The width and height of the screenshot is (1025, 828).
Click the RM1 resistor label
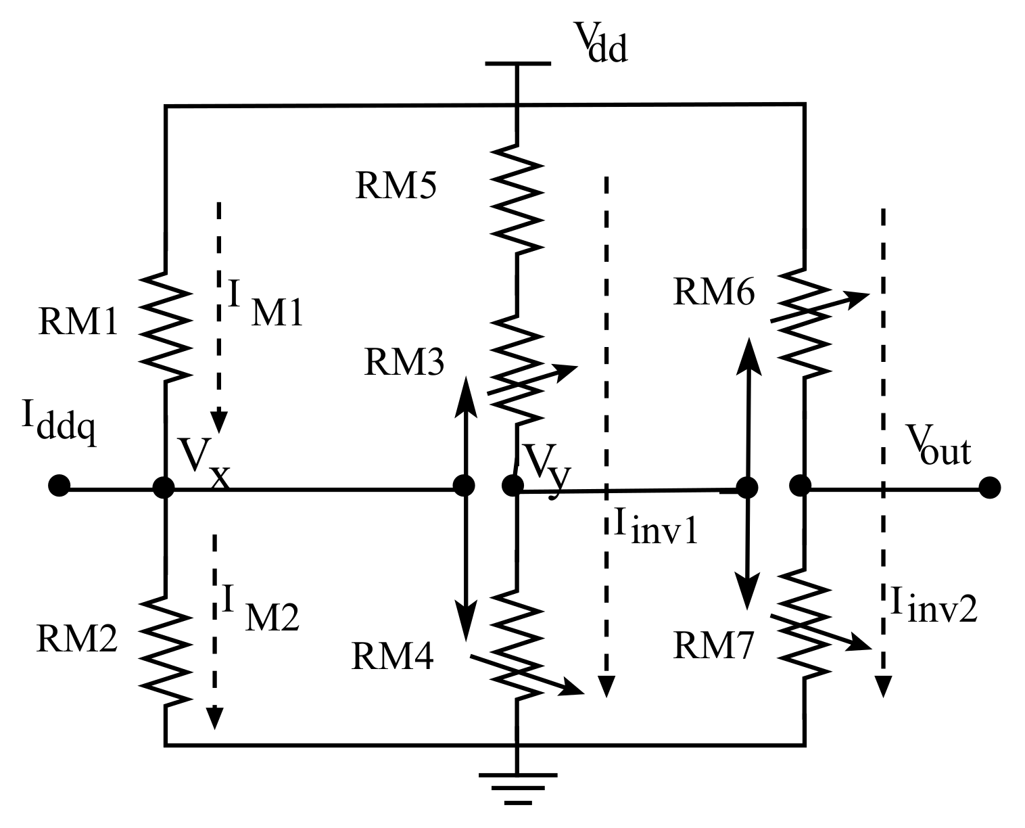click(x=78, y=323)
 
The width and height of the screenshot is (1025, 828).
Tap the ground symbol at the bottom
click(x=517, y=785)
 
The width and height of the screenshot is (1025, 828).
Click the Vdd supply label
click(x=600, y=42)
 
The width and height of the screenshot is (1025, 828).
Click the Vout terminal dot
click(x=990, y=487)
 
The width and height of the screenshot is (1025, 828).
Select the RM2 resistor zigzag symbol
click(x=164, y=651)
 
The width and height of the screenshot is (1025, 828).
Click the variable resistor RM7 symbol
click(x=805, y=624)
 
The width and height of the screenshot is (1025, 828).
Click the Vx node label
click(x=203, y=463)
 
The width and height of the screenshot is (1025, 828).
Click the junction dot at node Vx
click(x=164, y=487)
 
